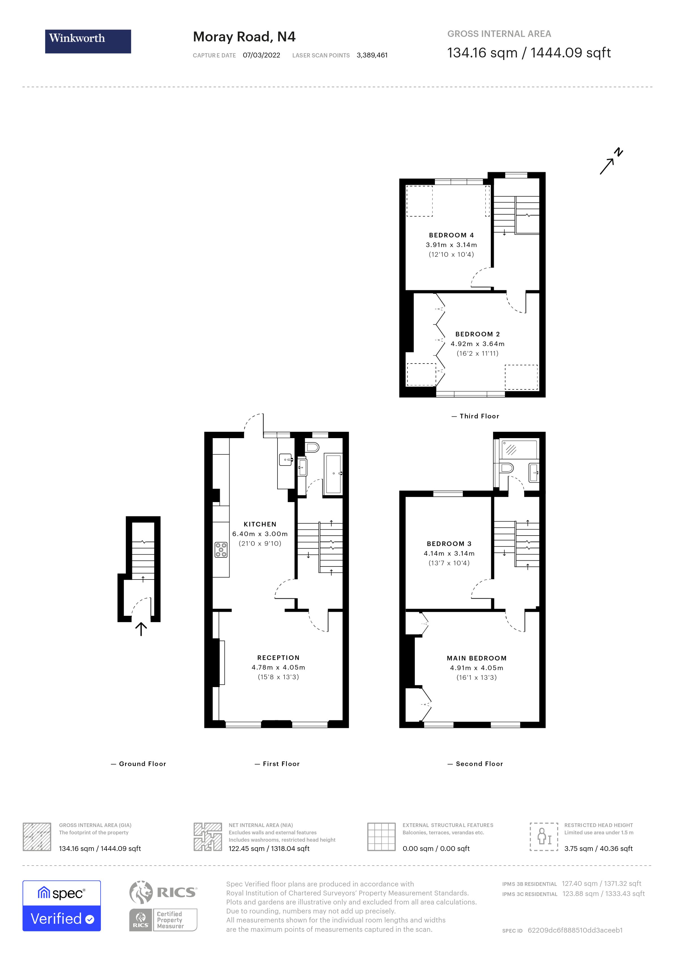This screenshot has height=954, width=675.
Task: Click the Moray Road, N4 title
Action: click(244, 37)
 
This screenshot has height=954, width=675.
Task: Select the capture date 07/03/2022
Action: click(261, 55)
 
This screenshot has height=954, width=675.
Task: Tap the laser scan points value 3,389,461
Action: click(372, 55)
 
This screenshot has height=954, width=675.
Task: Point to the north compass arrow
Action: click(610, 162)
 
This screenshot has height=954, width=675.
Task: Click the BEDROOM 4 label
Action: click(451, 235)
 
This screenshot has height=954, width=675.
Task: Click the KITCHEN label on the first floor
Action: click(260, 524)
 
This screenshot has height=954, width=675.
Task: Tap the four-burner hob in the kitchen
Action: click(221, 549)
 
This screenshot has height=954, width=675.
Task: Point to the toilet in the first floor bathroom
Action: click(312, 447)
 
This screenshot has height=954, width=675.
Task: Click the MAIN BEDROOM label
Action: click(476, 658)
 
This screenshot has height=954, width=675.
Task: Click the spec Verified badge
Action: click(61, 905)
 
